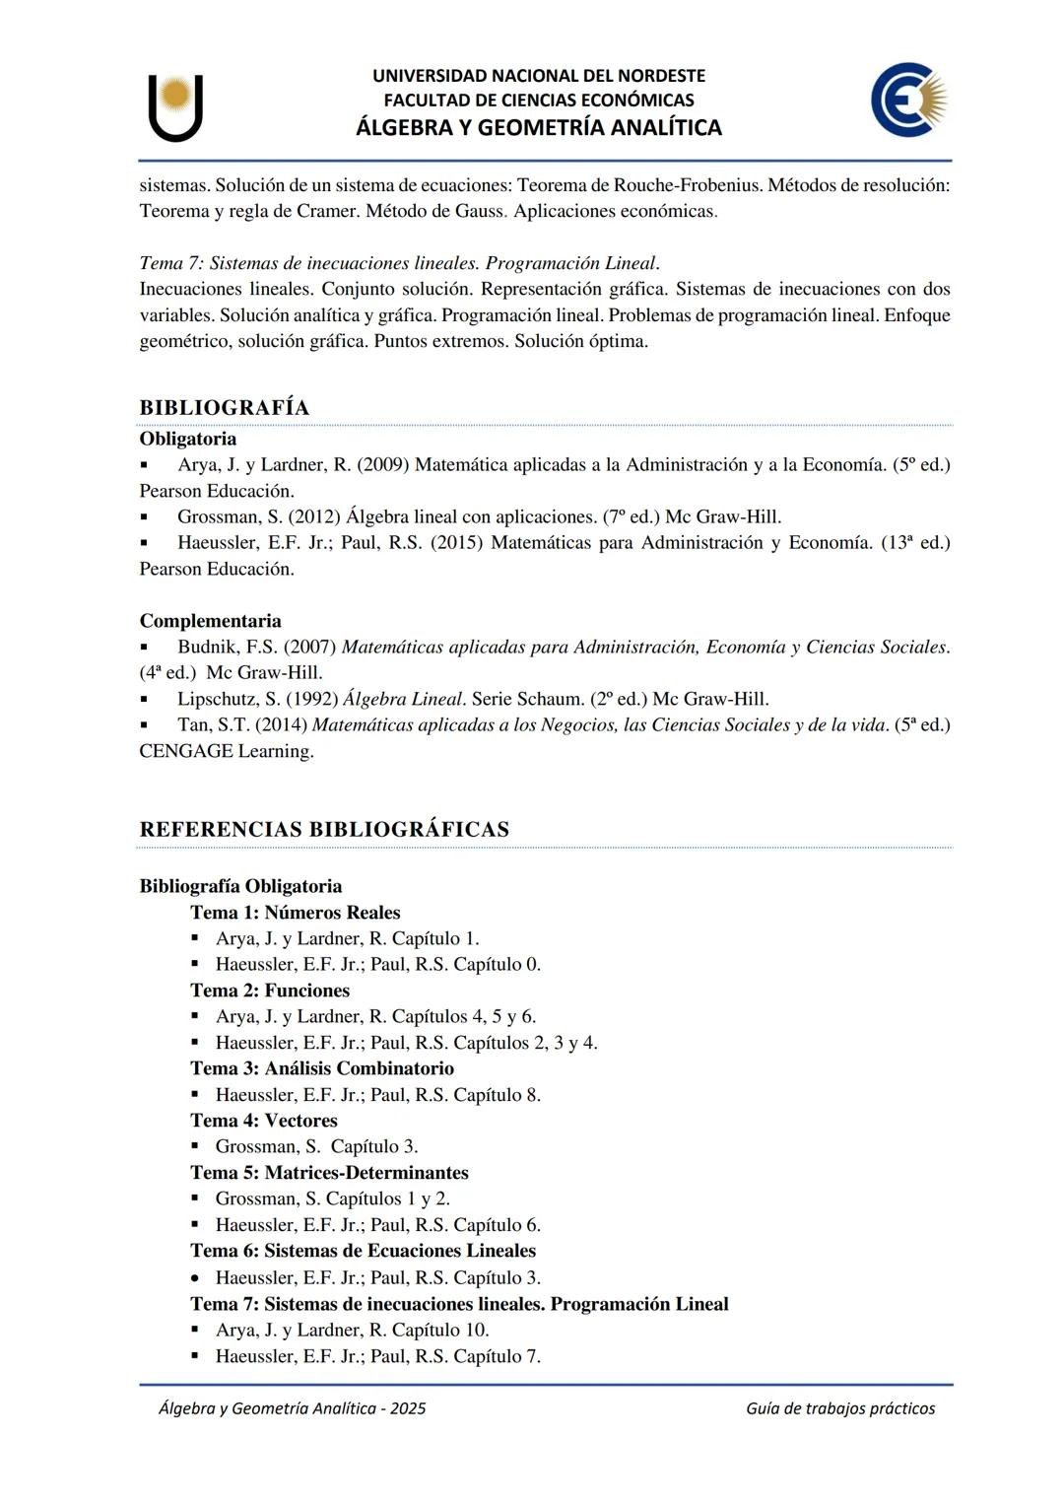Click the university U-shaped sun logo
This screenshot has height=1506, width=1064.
pyautogui.click(x=175, y=106)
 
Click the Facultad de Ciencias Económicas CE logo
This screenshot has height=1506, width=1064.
pyautogui.click(x=908, y=100)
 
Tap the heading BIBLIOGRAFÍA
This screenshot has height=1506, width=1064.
pyautogui.click(x=224, y=408)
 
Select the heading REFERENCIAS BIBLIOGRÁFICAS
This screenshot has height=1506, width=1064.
pyautogui.click(x=324, y=829)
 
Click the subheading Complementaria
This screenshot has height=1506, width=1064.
pyautogui.click(x=210, y=621)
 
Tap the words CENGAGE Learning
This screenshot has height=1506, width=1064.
pyautogui.click(x=227, y=751)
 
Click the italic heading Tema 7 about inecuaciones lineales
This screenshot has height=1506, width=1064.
pyautogui.click(x=398, y=263)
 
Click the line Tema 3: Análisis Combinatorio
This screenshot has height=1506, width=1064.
pyautogui.click(x=322, y=1068)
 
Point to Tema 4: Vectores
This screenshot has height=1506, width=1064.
pyautogui.click(x=263, y=1121)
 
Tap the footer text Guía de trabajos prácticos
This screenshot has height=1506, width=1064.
pyautogui.click(x=839, y=1408)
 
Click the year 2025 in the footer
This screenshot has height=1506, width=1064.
pyautogui.click(x=408, y=1408)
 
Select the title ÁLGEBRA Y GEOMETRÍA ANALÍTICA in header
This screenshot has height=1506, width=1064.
pyautogui.click(x=538, y=127)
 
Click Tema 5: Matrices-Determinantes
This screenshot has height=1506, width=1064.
pyautogui.click(x=329, y=1173)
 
